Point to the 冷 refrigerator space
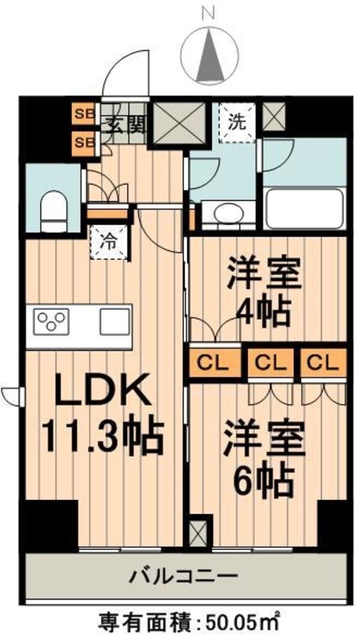tap(109, 243)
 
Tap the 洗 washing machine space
tap(236, 122)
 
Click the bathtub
tap(304, 208)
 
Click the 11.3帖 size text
tap(102, 437)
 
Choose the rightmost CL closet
tap(324, 363)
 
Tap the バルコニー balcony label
tap(184, 577)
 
